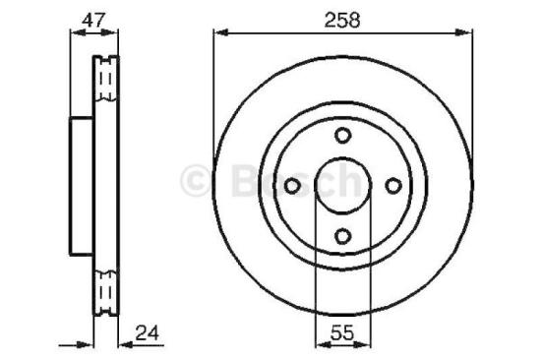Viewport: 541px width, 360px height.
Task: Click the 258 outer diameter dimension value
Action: [341, 19]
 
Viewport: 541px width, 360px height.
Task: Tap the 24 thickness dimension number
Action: [149, 332]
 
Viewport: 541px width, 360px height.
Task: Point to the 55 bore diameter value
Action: [341, 332]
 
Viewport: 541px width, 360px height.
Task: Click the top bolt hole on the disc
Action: [342, 136]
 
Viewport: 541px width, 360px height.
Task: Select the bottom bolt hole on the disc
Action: [342, 236]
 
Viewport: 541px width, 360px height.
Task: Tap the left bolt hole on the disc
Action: [292, 186]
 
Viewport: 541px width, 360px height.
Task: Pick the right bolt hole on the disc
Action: [392, 186]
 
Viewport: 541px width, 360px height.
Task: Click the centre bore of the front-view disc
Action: [342, 186]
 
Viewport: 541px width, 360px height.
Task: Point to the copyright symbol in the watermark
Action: [197, 180]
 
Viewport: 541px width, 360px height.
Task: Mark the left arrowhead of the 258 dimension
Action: [219, 34]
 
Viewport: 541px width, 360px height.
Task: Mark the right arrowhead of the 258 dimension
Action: [465, 34]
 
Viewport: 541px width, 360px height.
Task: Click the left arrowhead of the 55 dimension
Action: [320, 344]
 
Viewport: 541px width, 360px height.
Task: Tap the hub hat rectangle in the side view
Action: [81, 186]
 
